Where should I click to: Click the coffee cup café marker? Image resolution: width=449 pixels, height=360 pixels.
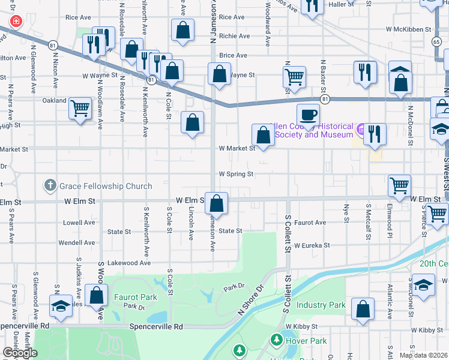tap(308, 115)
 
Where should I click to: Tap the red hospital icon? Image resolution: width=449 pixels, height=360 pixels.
tap(15, 22)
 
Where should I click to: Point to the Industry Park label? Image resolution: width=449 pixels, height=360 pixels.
tap(321, 305)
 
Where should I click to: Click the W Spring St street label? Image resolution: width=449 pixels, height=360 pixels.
tap(236, 174)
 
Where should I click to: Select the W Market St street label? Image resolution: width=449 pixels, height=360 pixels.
tap(237, 148)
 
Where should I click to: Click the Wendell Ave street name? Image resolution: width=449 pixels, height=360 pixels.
tap(77, 243)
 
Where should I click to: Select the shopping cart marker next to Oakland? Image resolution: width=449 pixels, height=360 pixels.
tap(80, 109)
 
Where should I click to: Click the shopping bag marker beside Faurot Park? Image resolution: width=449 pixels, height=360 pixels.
tap(97, 295)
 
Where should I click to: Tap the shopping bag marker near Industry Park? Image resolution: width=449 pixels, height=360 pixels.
tap(363, 310)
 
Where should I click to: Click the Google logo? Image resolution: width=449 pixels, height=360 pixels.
tap(20, 353)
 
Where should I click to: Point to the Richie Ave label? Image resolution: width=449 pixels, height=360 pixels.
tap(231, 36)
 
